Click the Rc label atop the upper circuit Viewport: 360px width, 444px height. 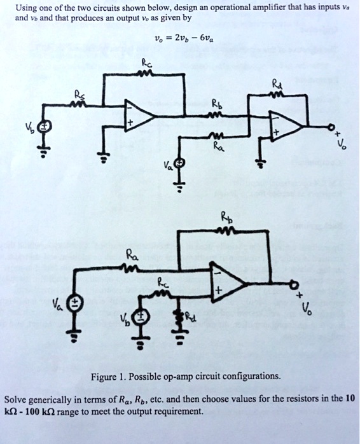[147, 62]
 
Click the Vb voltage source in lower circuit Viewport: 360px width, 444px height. [144, 317]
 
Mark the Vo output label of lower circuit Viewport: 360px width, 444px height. [307, 310]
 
